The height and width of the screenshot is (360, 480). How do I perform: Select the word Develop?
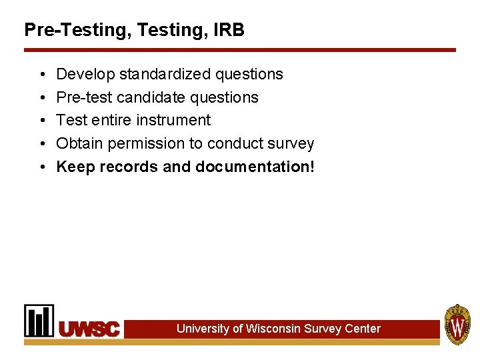tap(85, 74)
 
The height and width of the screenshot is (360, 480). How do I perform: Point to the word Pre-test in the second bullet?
tap(84, 97)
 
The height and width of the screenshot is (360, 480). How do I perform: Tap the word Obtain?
tap(80, 143)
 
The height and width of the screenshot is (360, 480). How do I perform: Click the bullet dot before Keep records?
tap(41, 167)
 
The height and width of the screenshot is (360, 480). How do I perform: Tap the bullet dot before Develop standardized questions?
tap(41, 74)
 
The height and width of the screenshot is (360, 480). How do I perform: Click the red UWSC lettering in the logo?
tap(89, 329)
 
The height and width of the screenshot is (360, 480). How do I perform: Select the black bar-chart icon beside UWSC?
tap(39, 321)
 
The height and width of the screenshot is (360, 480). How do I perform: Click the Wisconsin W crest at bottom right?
tap(458, 325)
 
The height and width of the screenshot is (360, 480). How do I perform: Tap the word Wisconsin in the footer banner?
tap(273, 329)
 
